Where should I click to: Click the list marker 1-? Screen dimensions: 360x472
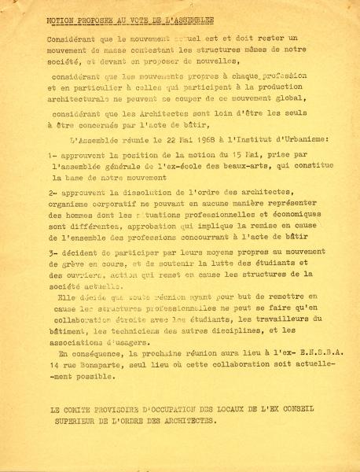[x=52, y=155]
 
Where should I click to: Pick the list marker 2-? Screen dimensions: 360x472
[x=51, y=193]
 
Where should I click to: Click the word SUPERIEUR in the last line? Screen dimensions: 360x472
[x=75, y=421]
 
